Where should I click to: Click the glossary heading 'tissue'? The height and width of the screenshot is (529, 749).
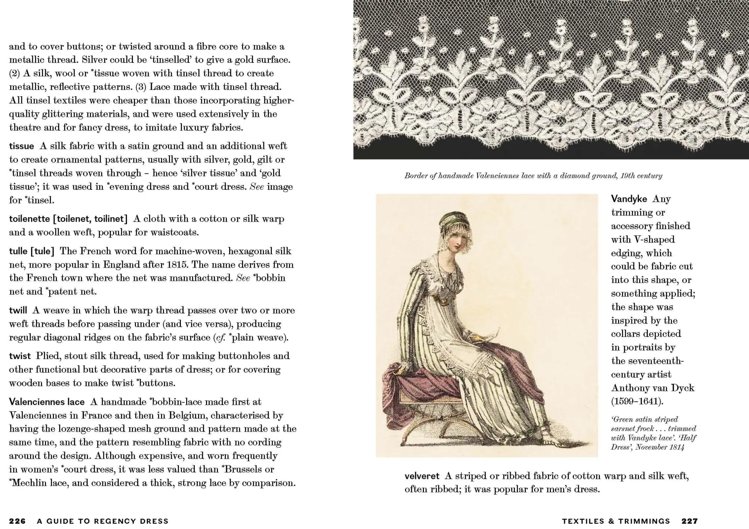pyautogui.click(x=21, y=146)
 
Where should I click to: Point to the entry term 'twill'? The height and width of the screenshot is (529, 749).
pyautogui.click(x=18, y=310)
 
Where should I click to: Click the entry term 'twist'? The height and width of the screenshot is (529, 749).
pyautogui.click(x=19, y=356)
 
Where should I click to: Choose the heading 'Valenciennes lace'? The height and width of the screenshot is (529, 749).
pyautogui.click(x=47, y=402)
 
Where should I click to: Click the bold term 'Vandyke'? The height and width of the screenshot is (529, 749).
pyautogui.click(x=629, y=199)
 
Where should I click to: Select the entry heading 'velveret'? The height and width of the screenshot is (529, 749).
pyautogui.click(x=422, y=476)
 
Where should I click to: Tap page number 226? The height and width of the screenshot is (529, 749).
pyautogui.click(x=17, y=521)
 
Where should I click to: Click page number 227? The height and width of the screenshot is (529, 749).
pyautogui.click(x=689, y=521)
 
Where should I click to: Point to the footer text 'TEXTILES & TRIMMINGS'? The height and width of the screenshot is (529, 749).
pyautogui.click(x=616, y=521)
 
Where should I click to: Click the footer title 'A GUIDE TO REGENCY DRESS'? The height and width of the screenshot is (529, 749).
pyautogui.click(x=103, y=521)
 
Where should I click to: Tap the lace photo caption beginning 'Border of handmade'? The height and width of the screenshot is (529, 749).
pyautogui.click(x=533, y=176)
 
